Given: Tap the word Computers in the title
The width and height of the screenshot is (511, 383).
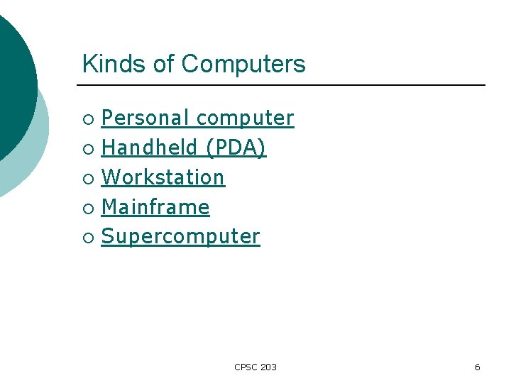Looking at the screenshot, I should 243,64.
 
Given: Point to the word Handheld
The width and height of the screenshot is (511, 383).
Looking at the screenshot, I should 149,148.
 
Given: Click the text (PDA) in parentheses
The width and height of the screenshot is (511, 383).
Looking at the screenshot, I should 236,148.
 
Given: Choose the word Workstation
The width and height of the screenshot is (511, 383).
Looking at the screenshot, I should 163,177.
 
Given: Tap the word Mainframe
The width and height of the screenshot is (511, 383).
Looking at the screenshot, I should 155,207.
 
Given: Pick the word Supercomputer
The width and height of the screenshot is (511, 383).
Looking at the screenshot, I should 180,237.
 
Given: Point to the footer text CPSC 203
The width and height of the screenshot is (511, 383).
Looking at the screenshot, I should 255,367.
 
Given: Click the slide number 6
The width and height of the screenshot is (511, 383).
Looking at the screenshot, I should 477,367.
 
